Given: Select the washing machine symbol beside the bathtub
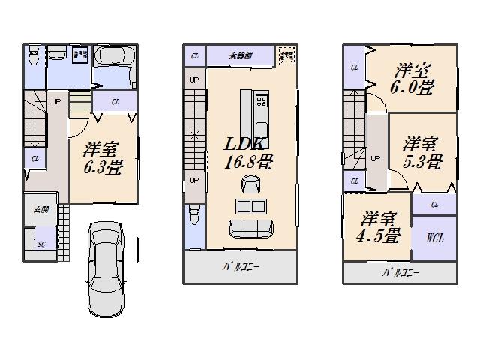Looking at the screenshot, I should pos(80,55).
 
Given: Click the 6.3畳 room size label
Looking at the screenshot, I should pos(102,157).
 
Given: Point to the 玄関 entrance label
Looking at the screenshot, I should pos(40,210).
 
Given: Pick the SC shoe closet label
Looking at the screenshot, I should pos(43,244).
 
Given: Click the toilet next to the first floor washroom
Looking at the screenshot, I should pos(34,55).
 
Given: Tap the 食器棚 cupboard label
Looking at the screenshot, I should pos(241,55).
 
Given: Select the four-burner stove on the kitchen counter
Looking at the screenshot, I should pos(261,100).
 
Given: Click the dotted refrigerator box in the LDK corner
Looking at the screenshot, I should pos(286,55).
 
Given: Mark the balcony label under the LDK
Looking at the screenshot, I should pos(240,267).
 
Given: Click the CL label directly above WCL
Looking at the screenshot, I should pos(434,203).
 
